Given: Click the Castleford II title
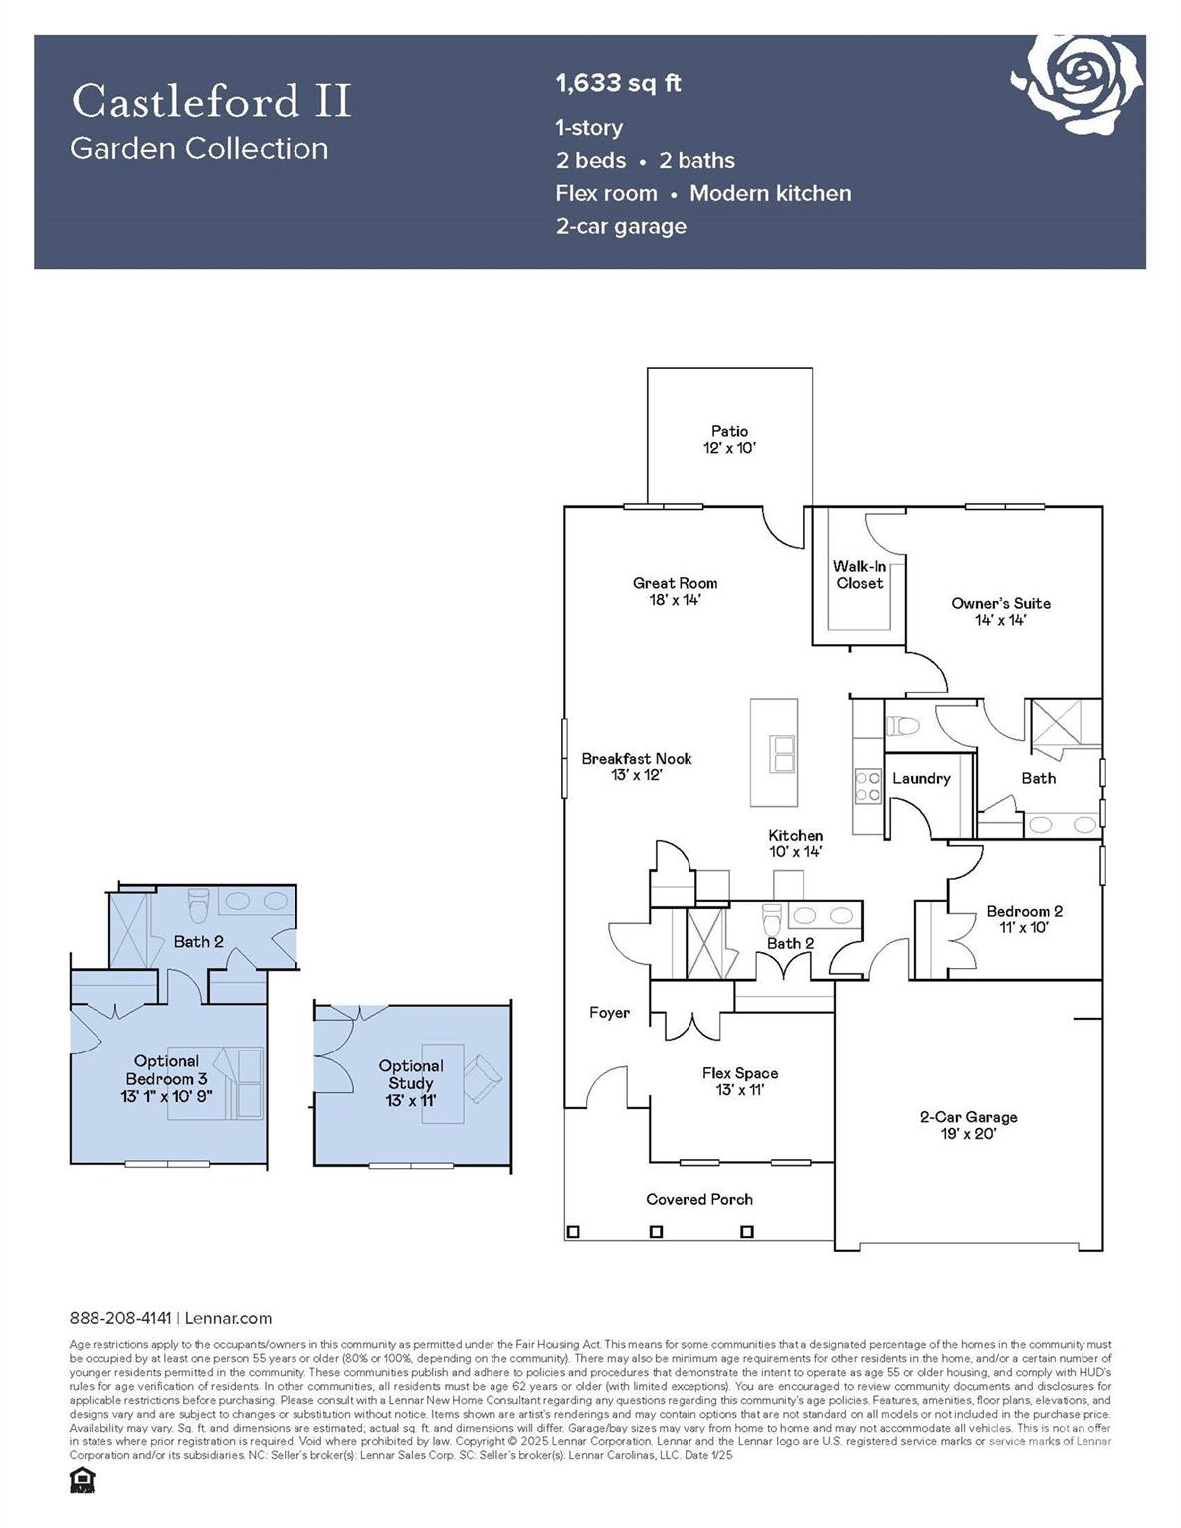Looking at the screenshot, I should [211, 101].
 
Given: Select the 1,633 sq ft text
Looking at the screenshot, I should [618, 83].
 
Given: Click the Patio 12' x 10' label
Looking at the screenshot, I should [729, 439].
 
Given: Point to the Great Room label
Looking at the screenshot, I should [675, 591].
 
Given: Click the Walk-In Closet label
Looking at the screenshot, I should [859, 575].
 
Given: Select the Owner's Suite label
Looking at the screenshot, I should [1000, 611].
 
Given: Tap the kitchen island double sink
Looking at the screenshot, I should [783, 754].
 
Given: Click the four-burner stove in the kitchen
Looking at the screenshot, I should [868, 786].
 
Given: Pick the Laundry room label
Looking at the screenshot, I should [920, 778].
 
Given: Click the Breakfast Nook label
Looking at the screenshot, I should [637, 766].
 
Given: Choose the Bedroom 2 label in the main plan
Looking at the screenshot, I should [1024, 918].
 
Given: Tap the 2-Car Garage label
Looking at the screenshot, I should [968, 1125].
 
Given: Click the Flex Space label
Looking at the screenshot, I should [739, 1081].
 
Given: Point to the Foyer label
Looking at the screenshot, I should [609, 1013].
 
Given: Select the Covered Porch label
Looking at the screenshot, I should [698, 1199].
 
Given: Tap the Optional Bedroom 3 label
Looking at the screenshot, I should [166, 1078].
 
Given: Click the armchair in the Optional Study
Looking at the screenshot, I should [483, 1078].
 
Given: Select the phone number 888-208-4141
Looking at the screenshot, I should [120, 1318].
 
